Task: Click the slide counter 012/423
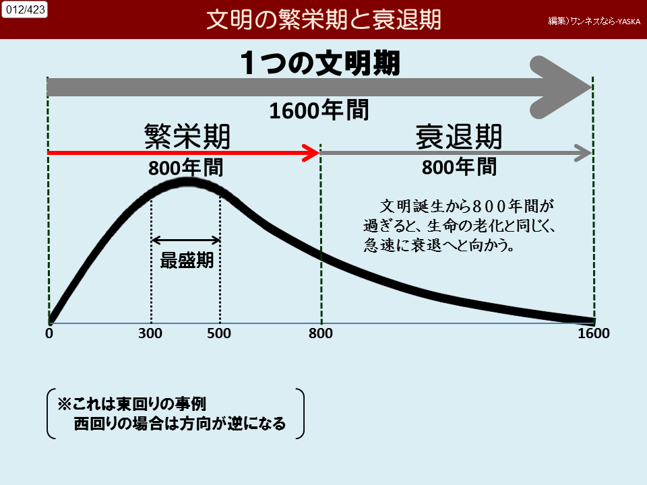tap(25, 9)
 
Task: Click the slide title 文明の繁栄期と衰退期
tap(323, 20)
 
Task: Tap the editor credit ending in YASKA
tap(594, 21)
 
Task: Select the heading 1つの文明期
tap(320, 63)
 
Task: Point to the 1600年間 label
tap(319, 110)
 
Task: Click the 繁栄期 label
tap(187, 137)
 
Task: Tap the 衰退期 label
tap(459, 137)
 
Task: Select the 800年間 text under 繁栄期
tap(186, 168)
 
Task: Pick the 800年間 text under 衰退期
tap(459, 167)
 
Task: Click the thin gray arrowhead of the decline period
tap(584, 153)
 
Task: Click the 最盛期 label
tap(187, 260)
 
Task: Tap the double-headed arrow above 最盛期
tap(186, 240)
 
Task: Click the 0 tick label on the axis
tap(49, 333)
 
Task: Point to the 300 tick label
tap(150, 333)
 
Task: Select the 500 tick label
tap(219, 333)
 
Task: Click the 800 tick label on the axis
tap(321, 333)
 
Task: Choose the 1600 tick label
tap(593, 333)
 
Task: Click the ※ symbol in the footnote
tap(65, 404)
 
